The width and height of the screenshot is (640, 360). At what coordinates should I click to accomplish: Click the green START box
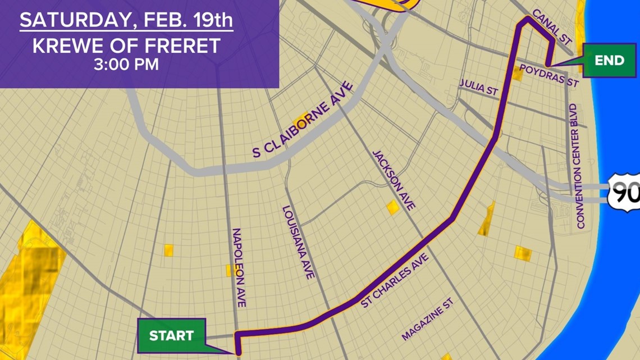[x=171, y=336]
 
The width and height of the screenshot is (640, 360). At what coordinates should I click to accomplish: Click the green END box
[x=609, y=61]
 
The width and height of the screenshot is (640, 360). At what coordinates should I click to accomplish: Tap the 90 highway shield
[x=625, y=193]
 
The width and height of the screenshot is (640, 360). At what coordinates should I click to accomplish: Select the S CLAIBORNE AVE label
[x=303, y=120]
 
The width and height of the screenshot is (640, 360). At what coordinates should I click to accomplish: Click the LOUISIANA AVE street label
[x=298, y=243]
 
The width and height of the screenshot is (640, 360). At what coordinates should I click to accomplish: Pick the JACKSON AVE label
[x=394, y=180]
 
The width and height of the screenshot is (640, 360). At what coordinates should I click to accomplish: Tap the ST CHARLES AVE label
[x=395, y=281]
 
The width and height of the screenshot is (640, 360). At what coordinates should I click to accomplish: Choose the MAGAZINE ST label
[x=427, y=319]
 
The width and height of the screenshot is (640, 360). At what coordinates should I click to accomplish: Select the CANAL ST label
[x=552, y=26]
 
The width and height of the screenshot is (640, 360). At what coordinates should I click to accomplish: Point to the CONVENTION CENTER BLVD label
[x=577, y=166]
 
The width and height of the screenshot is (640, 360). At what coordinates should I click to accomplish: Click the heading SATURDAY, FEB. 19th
[x=127, y=20]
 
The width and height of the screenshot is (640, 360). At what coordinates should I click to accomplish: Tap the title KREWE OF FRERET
[x=126, y=45]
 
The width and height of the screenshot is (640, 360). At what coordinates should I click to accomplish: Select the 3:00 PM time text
[x=126, y=64]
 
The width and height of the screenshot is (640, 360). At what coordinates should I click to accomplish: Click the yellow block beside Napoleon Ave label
[x=230, y=270]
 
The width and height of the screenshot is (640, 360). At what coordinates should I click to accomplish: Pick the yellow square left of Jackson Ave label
[x=392, y=207]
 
